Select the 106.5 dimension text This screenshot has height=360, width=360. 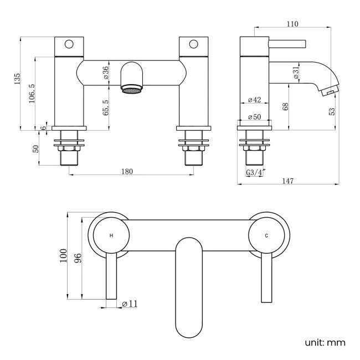click(x=33, y=94)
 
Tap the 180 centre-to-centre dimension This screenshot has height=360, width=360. click(x=127, y=171)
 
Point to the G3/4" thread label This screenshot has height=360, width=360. click(x=255, y=173)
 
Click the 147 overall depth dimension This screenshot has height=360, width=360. click(x=288, y=181)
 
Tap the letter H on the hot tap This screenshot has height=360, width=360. click(x=111, y=235)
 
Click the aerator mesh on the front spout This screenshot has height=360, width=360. click(x=130, y=88)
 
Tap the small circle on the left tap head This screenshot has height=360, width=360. click(x=69, y=43)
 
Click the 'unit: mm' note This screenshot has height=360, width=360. click(x=325, y=343)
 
